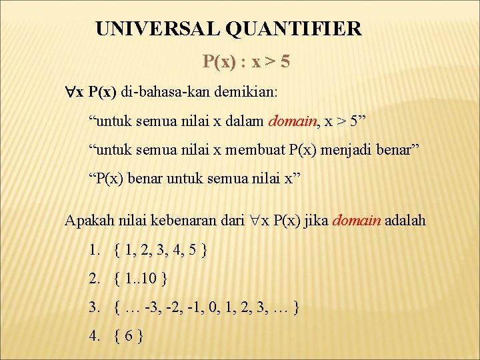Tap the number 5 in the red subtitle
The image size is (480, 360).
pos(285,62)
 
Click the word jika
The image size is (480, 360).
pos(317,221)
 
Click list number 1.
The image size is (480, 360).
pos(94,251)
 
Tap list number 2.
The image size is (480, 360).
pos(94,279)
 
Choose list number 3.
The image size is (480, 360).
pos(94,307)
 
